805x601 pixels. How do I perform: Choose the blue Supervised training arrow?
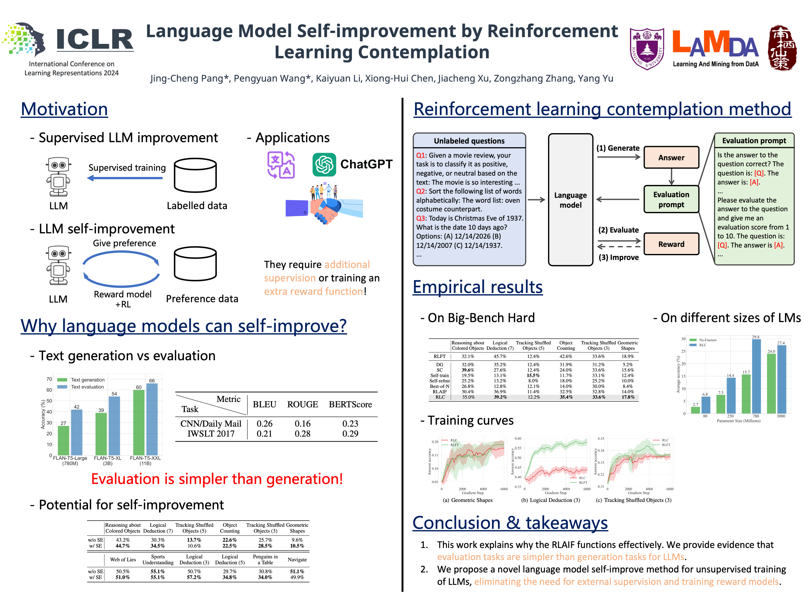tap(125, 178)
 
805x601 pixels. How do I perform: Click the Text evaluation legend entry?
tap(87, 387)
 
